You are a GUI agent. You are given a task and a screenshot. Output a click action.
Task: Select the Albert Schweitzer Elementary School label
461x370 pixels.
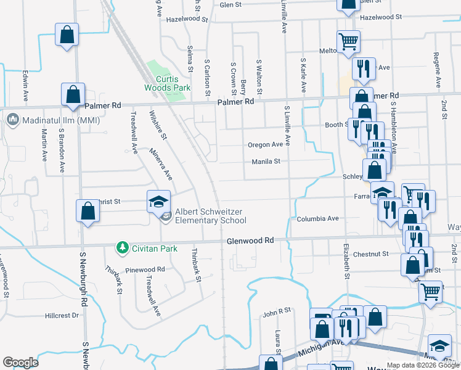(x=211, y=216)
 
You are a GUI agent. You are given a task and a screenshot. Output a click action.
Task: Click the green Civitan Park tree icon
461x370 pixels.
(x=123, y=248)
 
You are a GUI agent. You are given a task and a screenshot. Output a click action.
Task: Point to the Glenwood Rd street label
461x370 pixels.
(x=250, y=240)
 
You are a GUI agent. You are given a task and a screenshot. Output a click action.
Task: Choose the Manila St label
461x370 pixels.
(x=266, y=162)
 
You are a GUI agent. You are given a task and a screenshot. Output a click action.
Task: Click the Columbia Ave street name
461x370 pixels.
(x=317, y=218)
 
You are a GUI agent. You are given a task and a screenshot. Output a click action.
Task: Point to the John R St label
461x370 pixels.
(x=276, y=313)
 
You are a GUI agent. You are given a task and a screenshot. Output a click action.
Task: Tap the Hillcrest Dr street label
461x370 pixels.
(x=62, y=315)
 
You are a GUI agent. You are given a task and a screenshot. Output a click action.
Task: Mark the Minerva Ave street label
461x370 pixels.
(x=160, y=164)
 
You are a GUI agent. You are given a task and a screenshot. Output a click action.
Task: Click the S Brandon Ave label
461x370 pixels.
(x=62, y=150)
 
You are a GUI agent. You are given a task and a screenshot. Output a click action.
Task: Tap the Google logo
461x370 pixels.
(x=20, y=363)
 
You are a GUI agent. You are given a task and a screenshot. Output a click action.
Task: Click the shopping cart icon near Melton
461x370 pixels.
(x=348, y=41)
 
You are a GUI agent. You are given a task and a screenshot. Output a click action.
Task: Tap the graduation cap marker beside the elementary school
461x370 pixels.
(x=158, y=201)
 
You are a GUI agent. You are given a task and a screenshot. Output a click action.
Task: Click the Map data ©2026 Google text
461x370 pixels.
(x=423, y=365)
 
